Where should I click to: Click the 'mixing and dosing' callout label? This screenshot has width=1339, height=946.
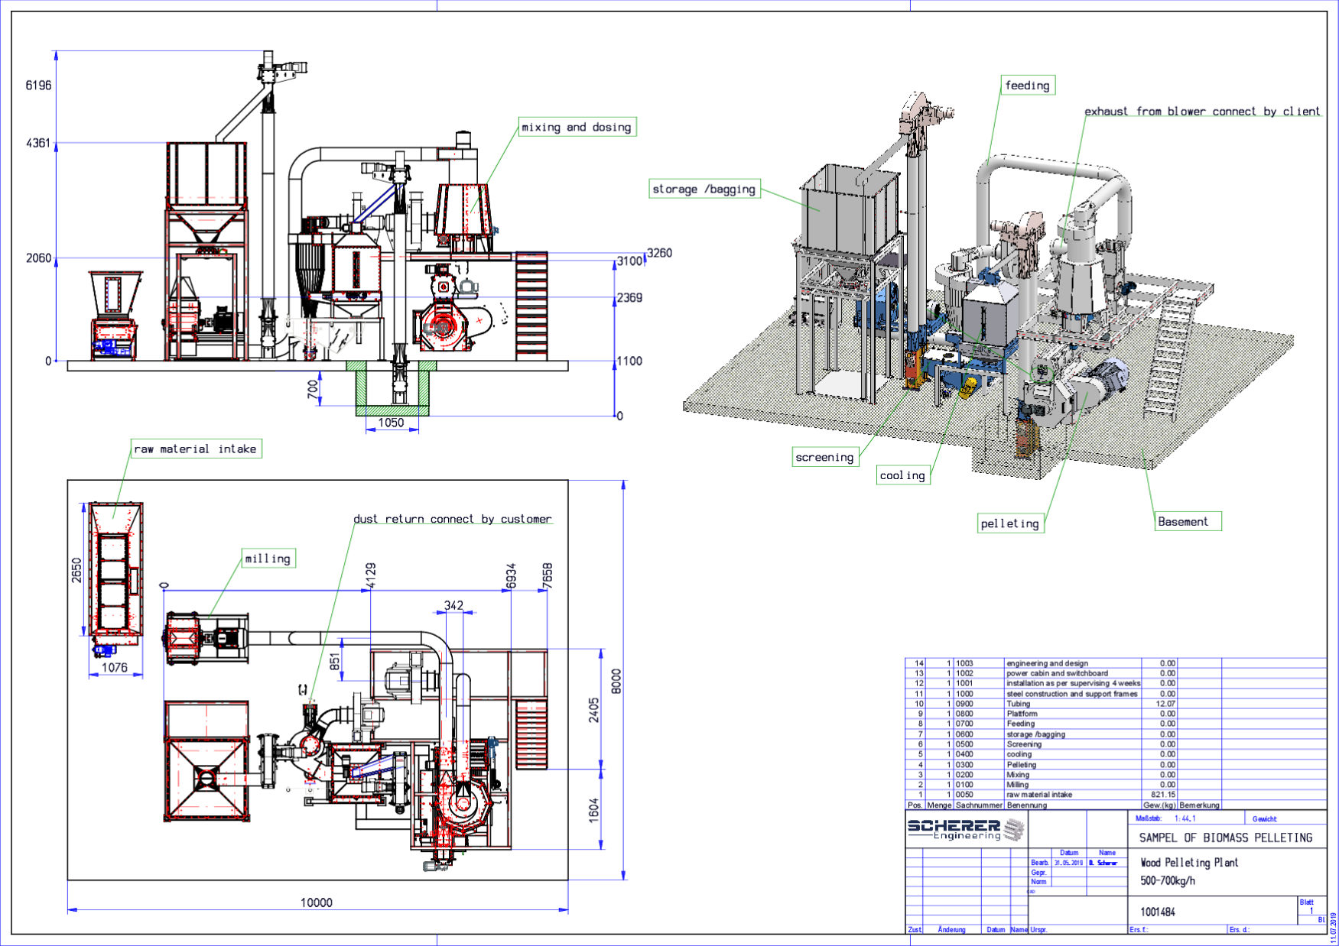tap(577, 127)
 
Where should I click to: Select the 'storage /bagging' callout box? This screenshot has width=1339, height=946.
tap(704, 189)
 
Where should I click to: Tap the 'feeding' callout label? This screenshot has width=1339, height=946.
tap(1027, 85)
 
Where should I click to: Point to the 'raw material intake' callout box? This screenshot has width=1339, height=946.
tap(195, 449)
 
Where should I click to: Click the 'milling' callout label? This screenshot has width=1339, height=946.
tap(268, 559)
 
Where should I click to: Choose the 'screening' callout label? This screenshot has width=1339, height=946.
tap(824, 457)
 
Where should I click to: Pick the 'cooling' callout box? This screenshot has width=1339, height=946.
tap(902, 475)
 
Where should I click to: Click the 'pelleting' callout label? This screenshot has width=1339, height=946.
tap(1009, 523)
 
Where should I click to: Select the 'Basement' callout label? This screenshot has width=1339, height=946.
tap(1183, 521)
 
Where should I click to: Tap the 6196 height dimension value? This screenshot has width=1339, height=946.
tap(38, 85)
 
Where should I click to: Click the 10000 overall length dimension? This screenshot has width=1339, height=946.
tap(316, 902)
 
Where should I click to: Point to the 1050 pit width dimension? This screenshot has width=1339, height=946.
tap(391, 423)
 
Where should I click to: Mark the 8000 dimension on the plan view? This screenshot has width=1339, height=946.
tap(616, 681)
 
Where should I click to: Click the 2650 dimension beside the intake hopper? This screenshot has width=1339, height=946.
tap(76, 570)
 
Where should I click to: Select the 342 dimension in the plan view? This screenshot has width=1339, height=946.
tap(453, 605)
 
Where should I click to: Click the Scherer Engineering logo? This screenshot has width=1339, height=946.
tap(965, 829)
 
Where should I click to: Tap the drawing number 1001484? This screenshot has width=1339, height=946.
tap(1157, 912)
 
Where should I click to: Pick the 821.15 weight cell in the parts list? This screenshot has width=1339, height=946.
tap(1162, 795)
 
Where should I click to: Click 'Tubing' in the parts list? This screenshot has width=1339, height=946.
tap(1018, 704)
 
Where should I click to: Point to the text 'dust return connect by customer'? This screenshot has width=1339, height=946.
tap(452, 519)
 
